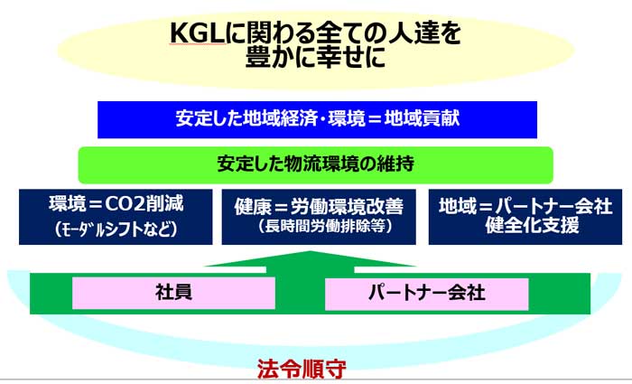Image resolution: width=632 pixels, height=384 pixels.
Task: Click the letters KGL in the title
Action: (197, 33)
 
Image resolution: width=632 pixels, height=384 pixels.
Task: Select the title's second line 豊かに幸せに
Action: (316, 58)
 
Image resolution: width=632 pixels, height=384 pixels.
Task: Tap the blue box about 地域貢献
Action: (317, 120)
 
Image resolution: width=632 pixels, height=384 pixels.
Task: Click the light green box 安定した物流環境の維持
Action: (316, 165)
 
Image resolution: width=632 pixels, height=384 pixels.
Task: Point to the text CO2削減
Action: (144, 204)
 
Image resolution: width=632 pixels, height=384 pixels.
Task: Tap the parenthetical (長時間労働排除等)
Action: (325, 226)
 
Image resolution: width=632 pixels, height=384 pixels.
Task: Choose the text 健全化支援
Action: (532, 225)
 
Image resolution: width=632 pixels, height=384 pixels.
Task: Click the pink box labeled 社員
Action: (173, 293)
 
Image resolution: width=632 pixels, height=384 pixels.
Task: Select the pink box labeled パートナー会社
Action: (426, 294)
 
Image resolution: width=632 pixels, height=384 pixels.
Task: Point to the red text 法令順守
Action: (302, 369)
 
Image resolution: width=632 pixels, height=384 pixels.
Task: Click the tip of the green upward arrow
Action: (310, 252)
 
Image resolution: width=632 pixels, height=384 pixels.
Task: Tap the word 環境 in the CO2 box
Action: (67, 204)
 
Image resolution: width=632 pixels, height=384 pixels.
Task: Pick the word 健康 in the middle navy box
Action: (253, 207)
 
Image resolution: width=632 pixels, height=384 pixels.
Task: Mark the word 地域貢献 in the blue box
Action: (422, 118)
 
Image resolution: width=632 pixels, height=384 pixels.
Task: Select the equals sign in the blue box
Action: (375, 119)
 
